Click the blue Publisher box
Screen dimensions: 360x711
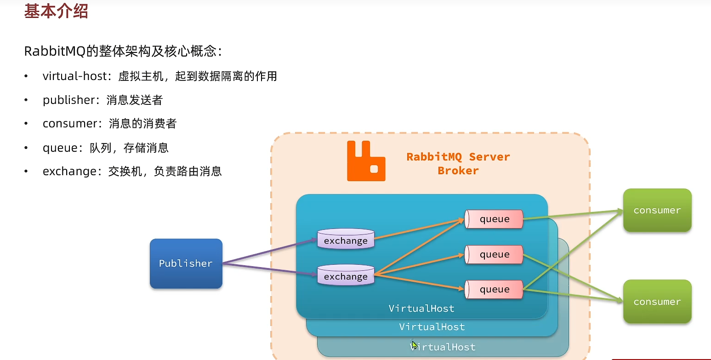(x=186, y=263)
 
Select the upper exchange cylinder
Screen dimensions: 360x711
(x=346, y=240)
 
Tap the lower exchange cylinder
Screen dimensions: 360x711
(x=346, y=275)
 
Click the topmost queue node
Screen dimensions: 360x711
(x=494, y=219)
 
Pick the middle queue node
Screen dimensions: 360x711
(x=494, y=255)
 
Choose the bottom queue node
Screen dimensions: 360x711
(x=494, y=290)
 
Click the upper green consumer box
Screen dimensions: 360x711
(x=657, y=210)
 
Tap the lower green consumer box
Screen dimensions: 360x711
(x=657, y=302)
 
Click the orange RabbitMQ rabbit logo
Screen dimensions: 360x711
(x=366, y=161)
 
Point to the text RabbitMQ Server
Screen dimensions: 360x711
(x=458, y=157)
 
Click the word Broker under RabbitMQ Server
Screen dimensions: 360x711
(x=458, y=171)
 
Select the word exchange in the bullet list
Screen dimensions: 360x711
(x=69, y=172)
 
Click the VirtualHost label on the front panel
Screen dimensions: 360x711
(x=421, y=308)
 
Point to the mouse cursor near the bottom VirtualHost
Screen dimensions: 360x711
(x=414, y=345)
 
